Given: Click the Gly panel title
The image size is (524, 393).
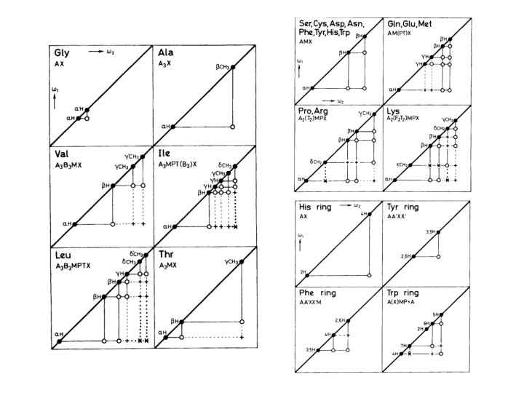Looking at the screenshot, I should click(61, 53).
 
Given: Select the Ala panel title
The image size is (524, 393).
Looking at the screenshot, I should click(165, 53).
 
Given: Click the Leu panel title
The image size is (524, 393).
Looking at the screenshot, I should click(63, 257).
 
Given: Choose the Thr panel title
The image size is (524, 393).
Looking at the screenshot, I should click(166, 257).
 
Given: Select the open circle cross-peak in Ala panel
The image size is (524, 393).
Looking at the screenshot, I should click(232, 127).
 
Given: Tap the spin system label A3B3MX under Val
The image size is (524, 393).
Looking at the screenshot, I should click(69, 165).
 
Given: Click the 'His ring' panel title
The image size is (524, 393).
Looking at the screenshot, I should click(315, 207).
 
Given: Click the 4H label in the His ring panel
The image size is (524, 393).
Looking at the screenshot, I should click(362, 213).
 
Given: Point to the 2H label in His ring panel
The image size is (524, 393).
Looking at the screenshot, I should click(303, 271).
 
